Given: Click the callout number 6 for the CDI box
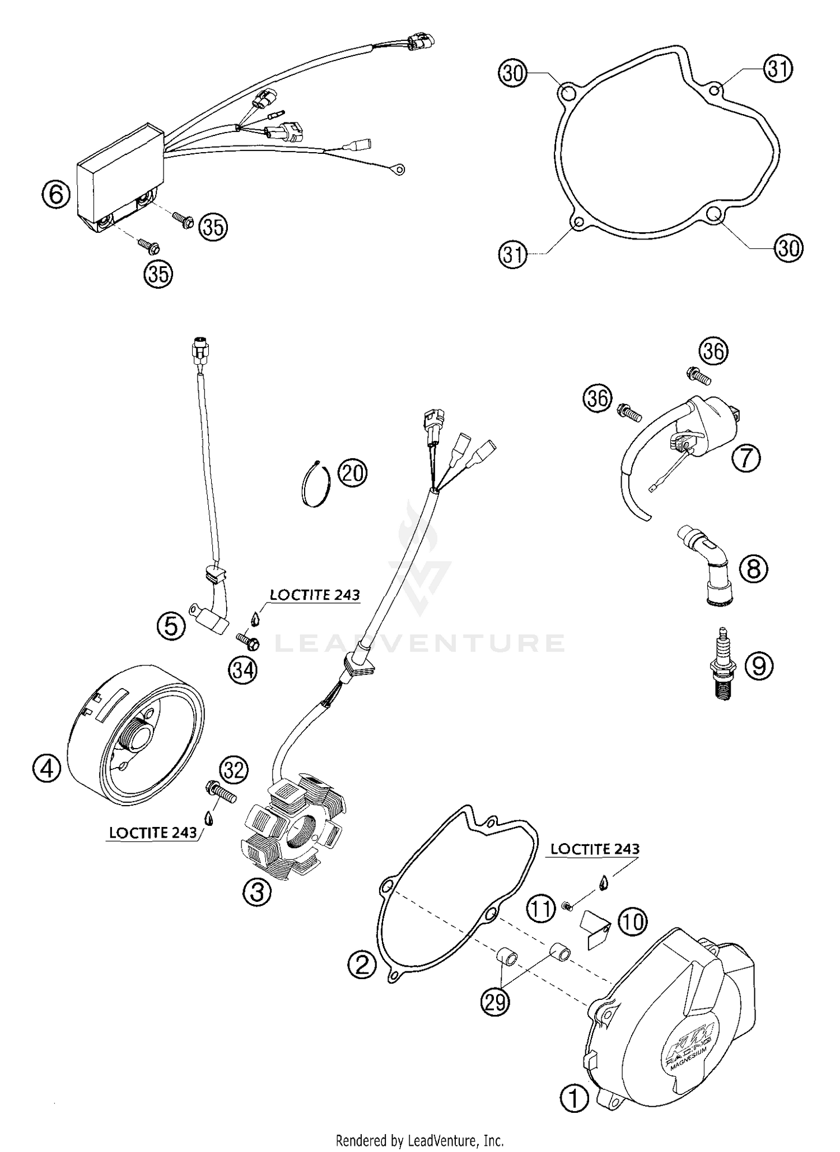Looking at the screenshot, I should pos(56,195).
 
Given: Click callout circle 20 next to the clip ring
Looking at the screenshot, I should pos(353,473).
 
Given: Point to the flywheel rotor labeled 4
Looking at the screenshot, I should pos(137,730).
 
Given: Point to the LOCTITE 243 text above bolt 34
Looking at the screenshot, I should pos(315,595).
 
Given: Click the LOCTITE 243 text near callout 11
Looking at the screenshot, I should pos(595,849).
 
